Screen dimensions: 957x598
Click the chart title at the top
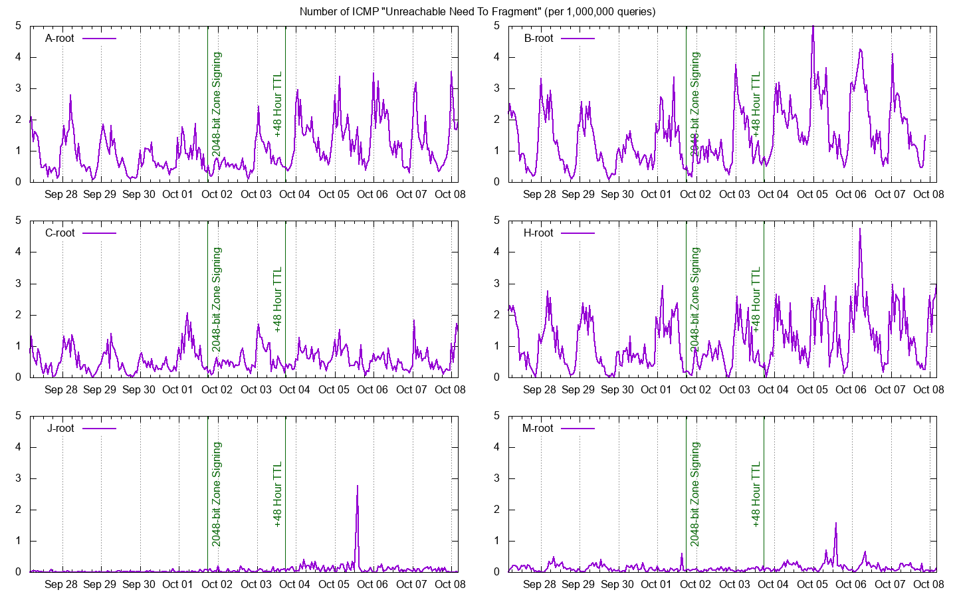click(477, 11)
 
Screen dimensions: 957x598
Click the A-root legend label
click(59, 39)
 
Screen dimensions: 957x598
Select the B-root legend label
click(538, 39)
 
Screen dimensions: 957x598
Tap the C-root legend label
click(59, 233)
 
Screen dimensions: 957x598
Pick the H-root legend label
click(538, 233)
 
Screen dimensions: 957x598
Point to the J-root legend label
click(60, 429)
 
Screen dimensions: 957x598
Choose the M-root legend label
click(538, 429)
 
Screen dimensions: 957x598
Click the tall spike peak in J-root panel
click(357, 486)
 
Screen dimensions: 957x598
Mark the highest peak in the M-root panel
click(835, 523)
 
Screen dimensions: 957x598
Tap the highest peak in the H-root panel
click(859, 229)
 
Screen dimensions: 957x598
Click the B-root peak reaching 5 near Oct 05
click(813, 27)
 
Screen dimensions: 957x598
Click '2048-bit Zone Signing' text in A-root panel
click(217, 105)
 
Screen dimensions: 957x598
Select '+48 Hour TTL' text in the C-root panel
click(277, 300)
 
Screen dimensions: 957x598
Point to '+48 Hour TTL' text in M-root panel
click(756, 494)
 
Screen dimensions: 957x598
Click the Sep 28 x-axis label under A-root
click(61, 195)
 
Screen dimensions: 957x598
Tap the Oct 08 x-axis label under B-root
click(928, 195)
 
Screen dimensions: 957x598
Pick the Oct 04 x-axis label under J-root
click(294, 584)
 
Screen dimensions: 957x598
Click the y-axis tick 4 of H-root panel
click(496, 252)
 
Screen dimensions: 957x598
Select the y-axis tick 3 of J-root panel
click(18, 478)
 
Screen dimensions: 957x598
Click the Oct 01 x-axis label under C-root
click(177, 390)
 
